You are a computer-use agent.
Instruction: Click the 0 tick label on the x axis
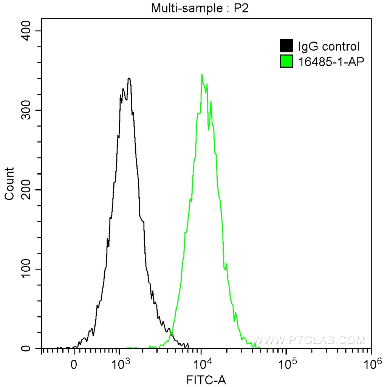(74, 365)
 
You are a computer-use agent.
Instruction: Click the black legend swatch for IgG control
(286, 46)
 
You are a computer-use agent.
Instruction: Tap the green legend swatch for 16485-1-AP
(286, 61)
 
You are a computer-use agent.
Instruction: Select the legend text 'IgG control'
(328, 46)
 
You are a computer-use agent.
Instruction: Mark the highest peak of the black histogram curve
(129, 79)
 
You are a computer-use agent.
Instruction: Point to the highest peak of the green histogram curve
(202, 75)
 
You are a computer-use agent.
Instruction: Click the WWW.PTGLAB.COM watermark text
(309, 340)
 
